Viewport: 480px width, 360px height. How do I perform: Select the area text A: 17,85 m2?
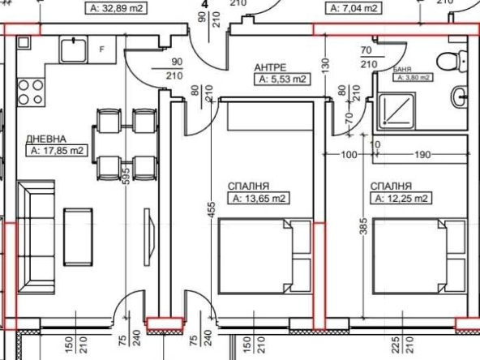coord(57,151)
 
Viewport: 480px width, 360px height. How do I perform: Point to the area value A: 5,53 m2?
coord(281,79)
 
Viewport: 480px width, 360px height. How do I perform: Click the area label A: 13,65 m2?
coord(260,197)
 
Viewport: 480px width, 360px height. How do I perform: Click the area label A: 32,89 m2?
coord(117,8)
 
